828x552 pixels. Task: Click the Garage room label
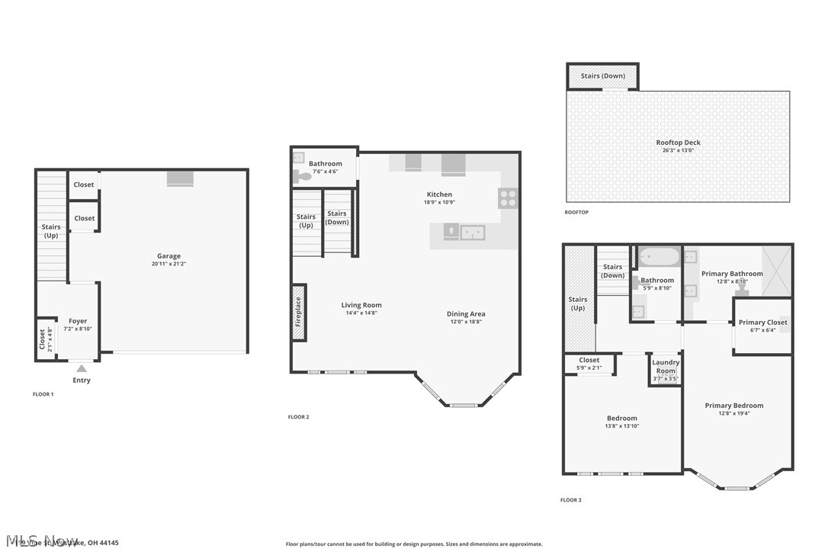click(169, 256)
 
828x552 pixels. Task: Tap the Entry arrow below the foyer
click(82, 368)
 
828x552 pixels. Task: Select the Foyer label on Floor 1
click(78, 321)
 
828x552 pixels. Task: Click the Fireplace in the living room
click(299, 306)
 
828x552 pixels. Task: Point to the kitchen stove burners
click(509, 198)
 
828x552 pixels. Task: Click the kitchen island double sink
click(473, 232)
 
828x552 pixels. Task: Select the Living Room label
click(361, 305)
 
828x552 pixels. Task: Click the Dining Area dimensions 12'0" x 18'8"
click(466, 322)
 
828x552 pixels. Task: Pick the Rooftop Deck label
click(678, 143)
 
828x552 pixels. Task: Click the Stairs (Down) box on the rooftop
click(602, 76)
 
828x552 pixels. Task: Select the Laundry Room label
click(666, 367)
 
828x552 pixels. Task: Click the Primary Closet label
click(762, 323)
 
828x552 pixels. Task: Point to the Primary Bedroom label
click(733, 406)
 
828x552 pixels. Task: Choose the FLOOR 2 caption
click(298, 417)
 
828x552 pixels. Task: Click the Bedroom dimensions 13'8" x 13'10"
click(622, 426)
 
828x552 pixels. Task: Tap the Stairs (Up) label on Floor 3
click(578, 303)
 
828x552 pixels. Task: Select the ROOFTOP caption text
click(576, 212)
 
